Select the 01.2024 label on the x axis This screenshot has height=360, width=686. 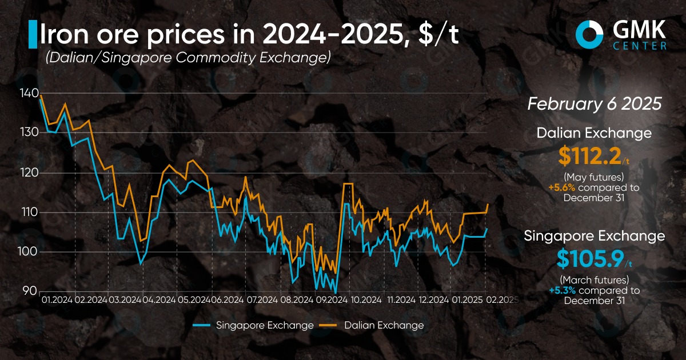57,299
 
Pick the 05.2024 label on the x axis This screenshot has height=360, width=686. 194,299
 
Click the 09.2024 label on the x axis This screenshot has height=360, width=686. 331,299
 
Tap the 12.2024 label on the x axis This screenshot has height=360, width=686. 434,299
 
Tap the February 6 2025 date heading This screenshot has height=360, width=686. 595,104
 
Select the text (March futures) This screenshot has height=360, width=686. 595,280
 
